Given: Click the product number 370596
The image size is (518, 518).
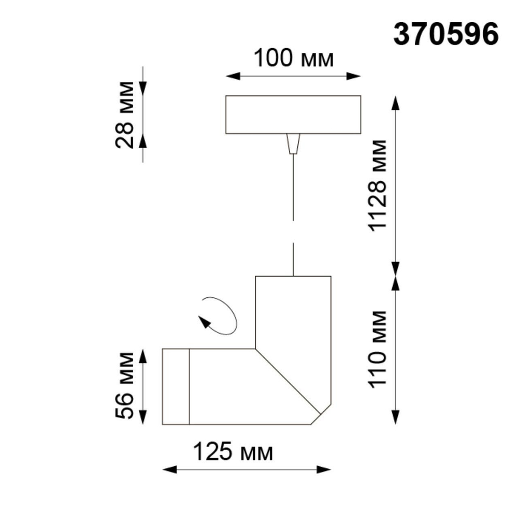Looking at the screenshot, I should click(446, 35).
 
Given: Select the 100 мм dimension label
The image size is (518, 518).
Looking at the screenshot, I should click(293, 59).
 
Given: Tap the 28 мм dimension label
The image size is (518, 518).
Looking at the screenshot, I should click(126, 114).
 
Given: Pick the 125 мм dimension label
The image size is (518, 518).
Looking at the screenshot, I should click(233, 452).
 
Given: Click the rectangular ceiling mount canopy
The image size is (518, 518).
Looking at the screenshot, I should click(293, 114).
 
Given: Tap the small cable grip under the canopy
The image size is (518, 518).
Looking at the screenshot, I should click(293, 143).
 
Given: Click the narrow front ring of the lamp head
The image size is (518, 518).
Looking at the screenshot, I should click(176, 386).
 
